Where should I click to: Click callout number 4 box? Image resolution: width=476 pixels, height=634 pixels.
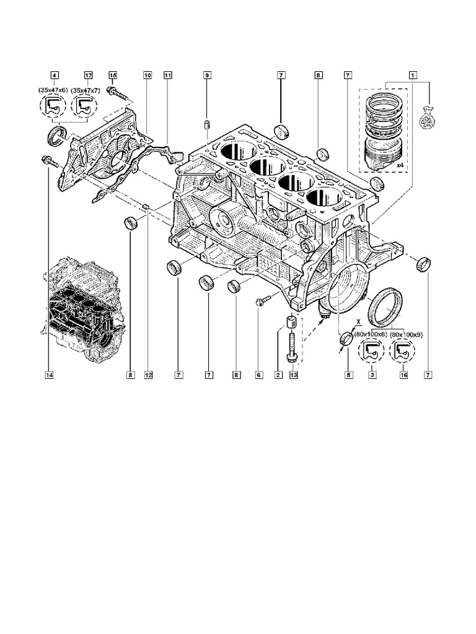55,75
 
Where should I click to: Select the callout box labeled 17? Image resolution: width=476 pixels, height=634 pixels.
87,75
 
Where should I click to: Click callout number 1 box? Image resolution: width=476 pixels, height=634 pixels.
412,75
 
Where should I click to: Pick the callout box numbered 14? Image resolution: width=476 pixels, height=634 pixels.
48,374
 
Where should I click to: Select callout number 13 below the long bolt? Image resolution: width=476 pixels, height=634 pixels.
293,374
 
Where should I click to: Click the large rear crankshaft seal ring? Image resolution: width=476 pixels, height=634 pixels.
384,307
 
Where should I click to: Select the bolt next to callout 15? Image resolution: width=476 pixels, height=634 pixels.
119,93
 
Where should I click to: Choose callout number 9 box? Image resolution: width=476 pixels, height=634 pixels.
208,75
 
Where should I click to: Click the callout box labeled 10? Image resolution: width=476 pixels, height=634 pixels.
148,75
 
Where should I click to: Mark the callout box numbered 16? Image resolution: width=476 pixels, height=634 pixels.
403,374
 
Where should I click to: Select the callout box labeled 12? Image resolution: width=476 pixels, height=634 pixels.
148,374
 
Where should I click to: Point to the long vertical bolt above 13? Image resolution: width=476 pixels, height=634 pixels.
290,347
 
